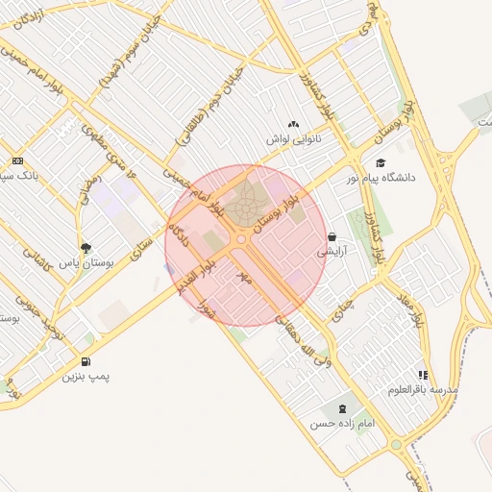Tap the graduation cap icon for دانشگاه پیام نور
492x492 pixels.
click(x=381, y=163)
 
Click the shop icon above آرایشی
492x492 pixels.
click(x=332, y=236)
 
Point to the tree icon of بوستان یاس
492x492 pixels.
click(x=86, y=248)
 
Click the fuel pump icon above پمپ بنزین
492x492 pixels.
click(x=86, y=361)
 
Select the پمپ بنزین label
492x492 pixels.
click(x=86, y=376)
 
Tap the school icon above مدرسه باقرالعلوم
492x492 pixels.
click(x=422, y=375)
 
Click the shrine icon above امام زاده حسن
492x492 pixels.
click(x=332, y=408)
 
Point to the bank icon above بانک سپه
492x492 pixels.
click(x=17, y=160)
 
